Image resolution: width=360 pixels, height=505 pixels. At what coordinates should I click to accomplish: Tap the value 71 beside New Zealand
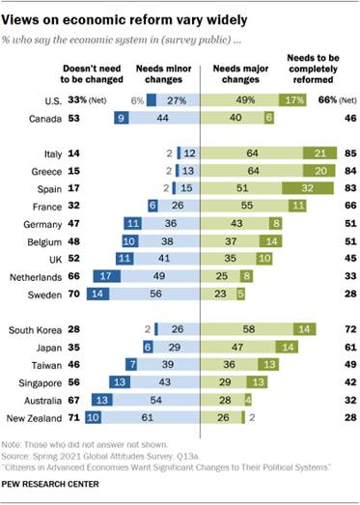[x=72, y=418]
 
